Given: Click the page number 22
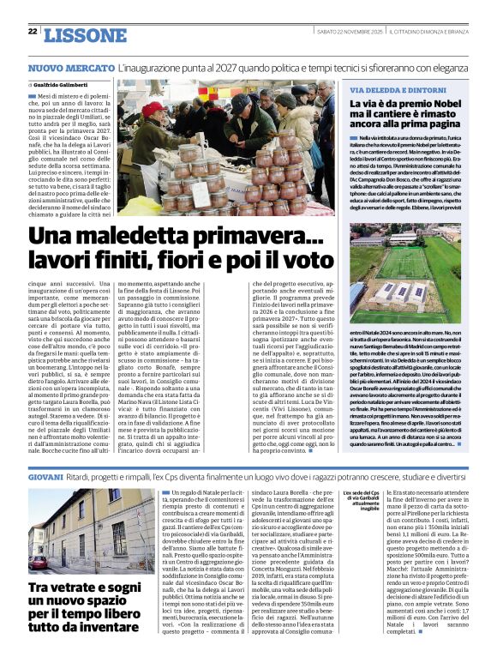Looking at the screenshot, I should (33, 32).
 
